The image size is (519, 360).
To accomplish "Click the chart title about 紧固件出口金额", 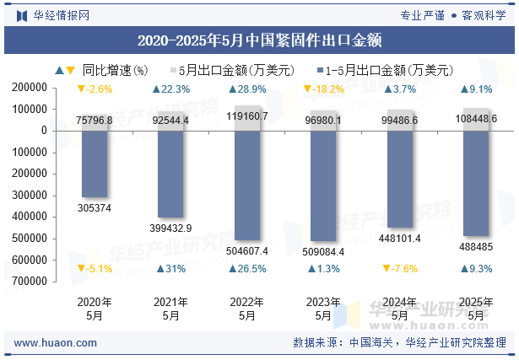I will [259, 40].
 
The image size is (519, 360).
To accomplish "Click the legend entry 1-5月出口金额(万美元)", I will [389, 71].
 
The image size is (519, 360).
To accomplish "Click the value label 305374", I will [95, 208].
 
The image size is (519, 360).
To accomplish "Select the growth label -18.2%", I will [323, 89].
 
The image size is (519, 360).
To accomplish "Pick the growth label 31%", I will [170, 269].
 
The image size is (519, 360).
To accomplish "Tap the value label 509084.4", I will [323, 251].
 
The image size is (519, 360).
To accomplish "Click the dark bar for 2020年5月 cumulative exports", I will [95, 164].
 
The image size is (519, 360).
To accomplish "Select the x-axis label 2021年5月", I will [170, 309].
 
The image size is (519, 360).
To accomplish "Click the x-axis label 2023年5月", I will [323, 309].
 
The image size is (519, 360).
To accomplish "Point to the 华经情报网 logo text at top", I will [61, 15].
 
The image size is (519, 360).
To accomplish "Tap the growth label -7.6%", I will [399, 269].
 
